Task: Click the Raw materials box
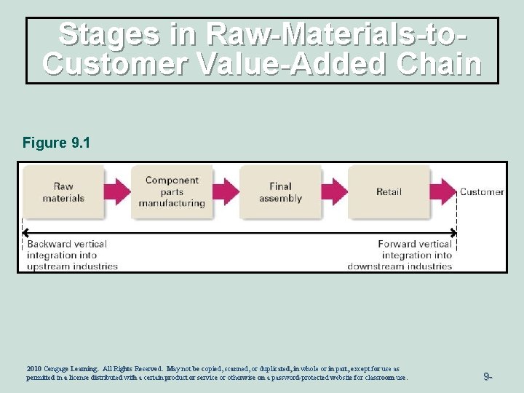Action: pyautogui.click(x=63, y=191)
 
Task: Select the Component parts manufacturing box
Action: pyautogui.click(x=172, y=191)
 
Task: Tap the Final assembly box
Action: pyautogui.click(x=280, y=192)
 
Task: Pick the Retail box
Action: pyautogui.click(x=389, y=191)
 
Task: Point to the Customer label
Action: pyautogui.click(x=481, y=192)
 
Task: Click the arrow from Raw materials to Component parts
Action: pyautogui.click(x=117, y=191)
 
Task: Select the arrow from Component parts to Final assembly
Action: pyautogui.click(x=226, y=191)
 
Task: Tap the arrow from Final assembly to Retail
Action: pyautogui.click(x=334, y=191)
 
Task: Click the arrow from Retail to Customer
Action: pyautogui.click(x=442, y=191)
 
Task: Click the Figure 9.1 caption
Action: pyautogui.click(x=56, y=143)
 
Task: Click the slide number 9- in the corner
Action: pyautogui.click(x=488, y=376)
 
